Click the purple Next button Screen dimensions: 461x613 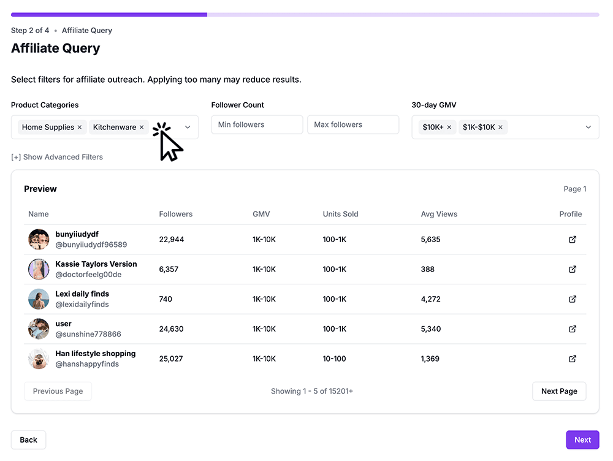point(582,440)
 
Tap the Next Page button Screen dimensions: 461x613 point(559,391)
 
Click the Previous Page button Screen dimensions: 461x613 point(58,391)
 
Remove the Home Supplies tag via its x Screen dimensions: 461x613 point(80,128)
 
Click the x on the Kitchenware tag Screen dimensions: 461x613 point(142,128)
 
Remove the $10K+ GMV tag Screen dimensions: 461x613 point(449,128)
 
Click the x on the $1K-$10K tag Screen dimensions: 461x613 point(500,128)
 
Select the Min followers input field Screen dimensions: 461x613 point(257,124)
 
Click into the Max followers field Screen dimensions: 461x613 point(352,124)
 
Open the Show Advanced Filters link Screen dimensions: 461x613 point(57,157)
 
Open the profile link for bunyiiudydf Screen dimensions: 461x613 point(573,240)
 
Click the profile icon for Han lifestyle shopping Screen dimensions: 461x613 point(573,359)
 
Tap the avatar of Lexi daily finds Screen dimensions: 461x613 point(39,299)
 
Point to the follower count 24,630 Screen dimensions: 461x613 point(171,329)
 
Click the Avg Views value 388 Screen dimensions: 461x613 point(428,269)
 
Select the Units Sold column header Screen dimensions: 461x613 point(340,214)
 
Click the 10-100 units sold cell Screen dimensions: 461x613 point(334,359)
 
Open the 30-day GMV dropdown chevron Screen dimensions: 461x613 point(588,128)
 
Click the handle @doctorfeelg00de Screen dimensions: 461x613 point(88,275)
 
